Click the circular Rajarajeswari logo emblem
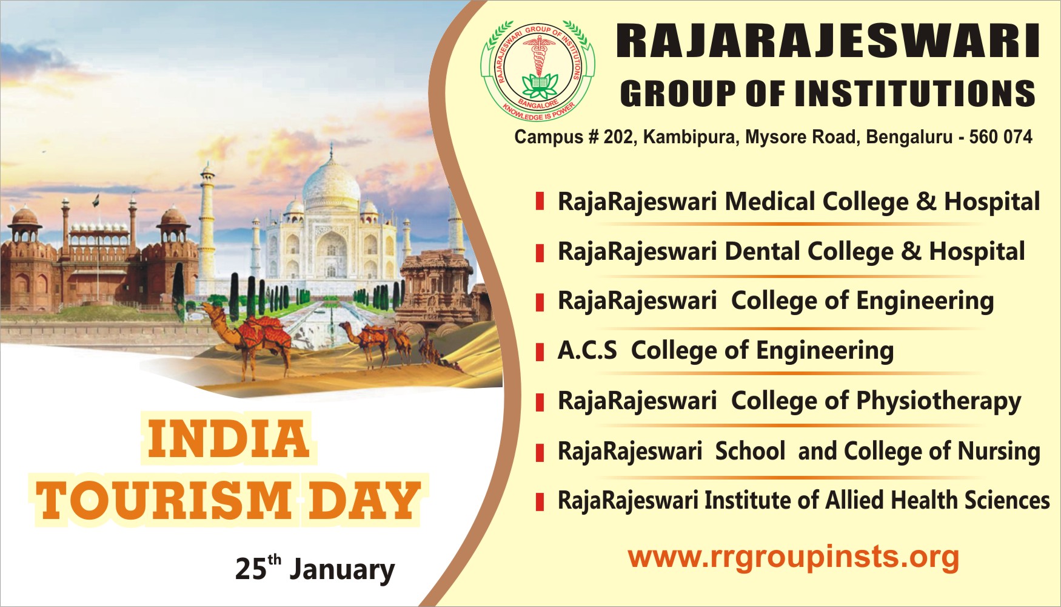[538, 70]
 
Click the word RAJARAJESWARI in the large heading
[828, 41]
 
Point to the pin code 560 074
[1000, 137]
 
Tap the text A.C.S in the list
[587, 351]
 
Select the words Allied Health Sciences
[937, 501]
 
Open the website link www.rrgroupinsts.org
[793, 557]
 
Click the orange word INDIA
[229, 438]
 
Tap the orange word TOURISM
[164, 500]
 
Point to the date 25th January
[315, 569]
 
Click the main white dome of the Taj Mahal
[331, 182]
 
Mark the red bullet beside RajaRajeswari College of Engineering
[540, 301]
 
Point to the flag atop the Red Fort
[96, 200]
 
